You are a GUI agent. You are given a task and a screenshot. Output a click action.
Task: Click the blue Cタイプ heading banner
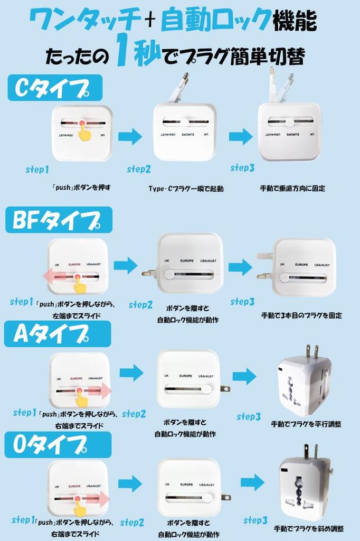click(x=54, y=88)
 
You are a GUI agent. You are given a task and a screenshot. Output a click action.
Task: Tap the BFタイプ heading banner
click(x=59, y=220)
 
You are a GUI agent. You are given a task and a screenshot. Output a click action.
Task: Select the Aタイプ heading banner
click(x=57, y=334)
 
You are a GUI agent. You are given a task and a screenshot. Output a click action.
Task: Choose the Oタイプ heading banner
click(x=58, y=445)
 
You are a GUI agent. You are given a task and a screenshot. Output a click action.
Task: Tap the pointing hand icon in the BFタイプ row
click(x=80, y=285)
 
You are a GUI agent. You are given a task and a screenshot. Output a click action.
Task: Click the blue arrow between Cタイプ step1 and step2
click(x=130, y=136)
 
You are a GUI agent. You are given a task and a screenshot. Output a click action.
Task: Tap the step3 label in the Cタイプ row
click(x=242, y=168)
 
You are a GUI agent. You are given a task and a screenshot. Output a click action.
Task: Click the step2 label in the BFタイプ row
click(x=140, y=305)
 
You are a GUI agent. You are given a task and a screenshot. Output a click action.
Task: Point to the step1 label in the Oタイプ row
click(x=23, y=520)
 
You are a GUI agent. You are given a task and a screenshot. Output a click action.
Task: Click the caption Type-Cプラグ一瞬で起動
click(x=186, y=189)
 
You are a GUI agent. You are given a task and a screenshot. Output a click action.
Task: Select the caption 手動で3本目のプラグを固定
click(x=301, y=315)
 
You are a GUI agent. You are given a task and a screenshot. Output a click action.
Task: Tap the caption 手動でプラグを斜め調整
click(x=309, y=528)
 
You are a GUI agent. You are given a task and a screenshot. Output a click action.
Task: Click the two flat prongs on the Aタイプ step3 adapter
click(x=311, y=352)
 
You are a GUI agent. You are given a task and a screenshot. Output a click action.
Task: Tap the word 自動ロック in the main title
click(x=215, y=21)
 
